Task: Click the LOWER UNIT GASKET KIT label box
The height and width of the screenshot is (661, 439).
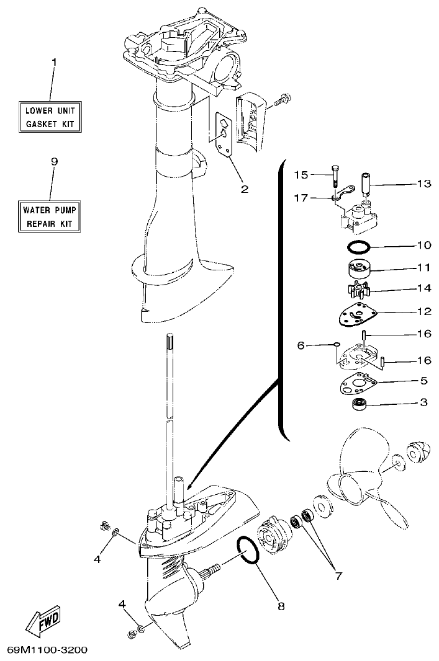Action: point(53,117)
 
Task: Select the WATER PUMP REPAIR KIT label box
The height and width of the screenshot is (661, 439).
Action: point(53,216)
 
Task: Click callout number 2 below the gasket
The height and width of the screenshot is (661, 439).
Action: point(244,189)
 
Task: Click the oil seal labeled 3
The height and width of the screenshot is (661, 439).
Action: point(358,405)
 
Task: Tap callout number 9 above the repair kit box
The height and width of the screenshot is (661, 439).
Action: point(53,161)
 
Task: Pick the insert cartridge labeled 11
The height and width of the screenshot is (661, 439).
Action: point(358,268)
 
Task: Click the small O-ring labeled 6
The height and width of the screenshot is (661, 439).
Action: point(335,345)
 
